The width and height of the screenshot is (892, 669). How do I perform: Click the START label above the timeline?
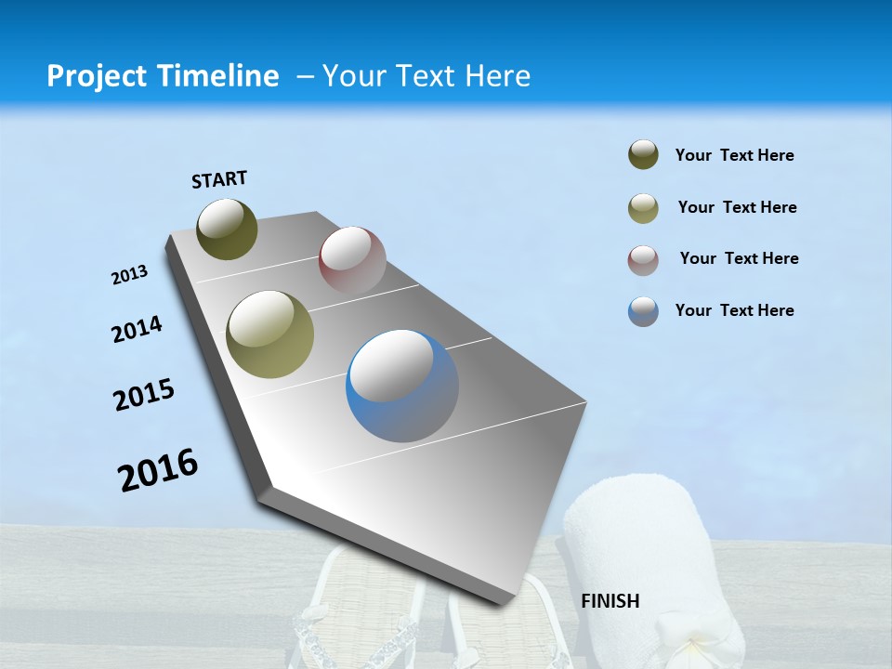click(x=219, y=179)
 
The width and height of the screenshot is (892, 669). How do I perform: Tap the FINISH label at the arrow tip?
click(x=610, y=601)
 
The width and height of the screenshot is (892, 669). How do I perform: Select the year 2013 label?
click(x=129, y=275)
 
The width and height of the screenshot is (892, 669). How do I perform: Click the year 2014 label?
click(x=137, y=330)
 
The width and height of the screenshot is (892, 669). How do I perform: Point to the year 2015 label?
click(x=144, y=395)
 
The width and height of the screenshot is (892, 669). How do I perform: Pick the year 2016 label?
click(x=158, y=469)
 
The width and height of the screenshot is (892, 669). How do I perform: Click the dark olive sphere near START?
click(x=227, y=229)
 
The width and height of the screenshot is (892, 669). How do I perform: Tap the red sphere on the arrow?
click(x=352, y=260)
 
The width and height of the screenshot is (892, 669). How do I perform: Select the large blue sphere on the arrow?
click(x=402, y=385)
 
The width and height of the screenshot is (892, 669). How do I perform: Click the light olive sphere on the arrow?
click(x=270, y=334)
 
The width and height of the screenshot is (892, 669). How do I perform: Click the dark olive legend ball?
click(x=643, y=155)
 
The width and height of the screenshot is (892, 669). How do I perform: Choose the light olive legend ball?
click(x=643, y=207)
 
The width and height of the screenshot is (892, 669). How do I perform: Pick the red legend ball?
click(x=643, y=259)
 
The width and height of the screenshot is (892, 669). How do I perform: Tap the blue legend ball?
click(x=643, y=311)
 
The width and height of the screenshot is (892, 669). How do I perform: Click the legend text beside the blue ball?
click(x=734, y=310)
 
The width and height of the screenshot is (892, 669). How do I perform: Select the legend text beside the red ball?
click(x=739, y=258)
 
